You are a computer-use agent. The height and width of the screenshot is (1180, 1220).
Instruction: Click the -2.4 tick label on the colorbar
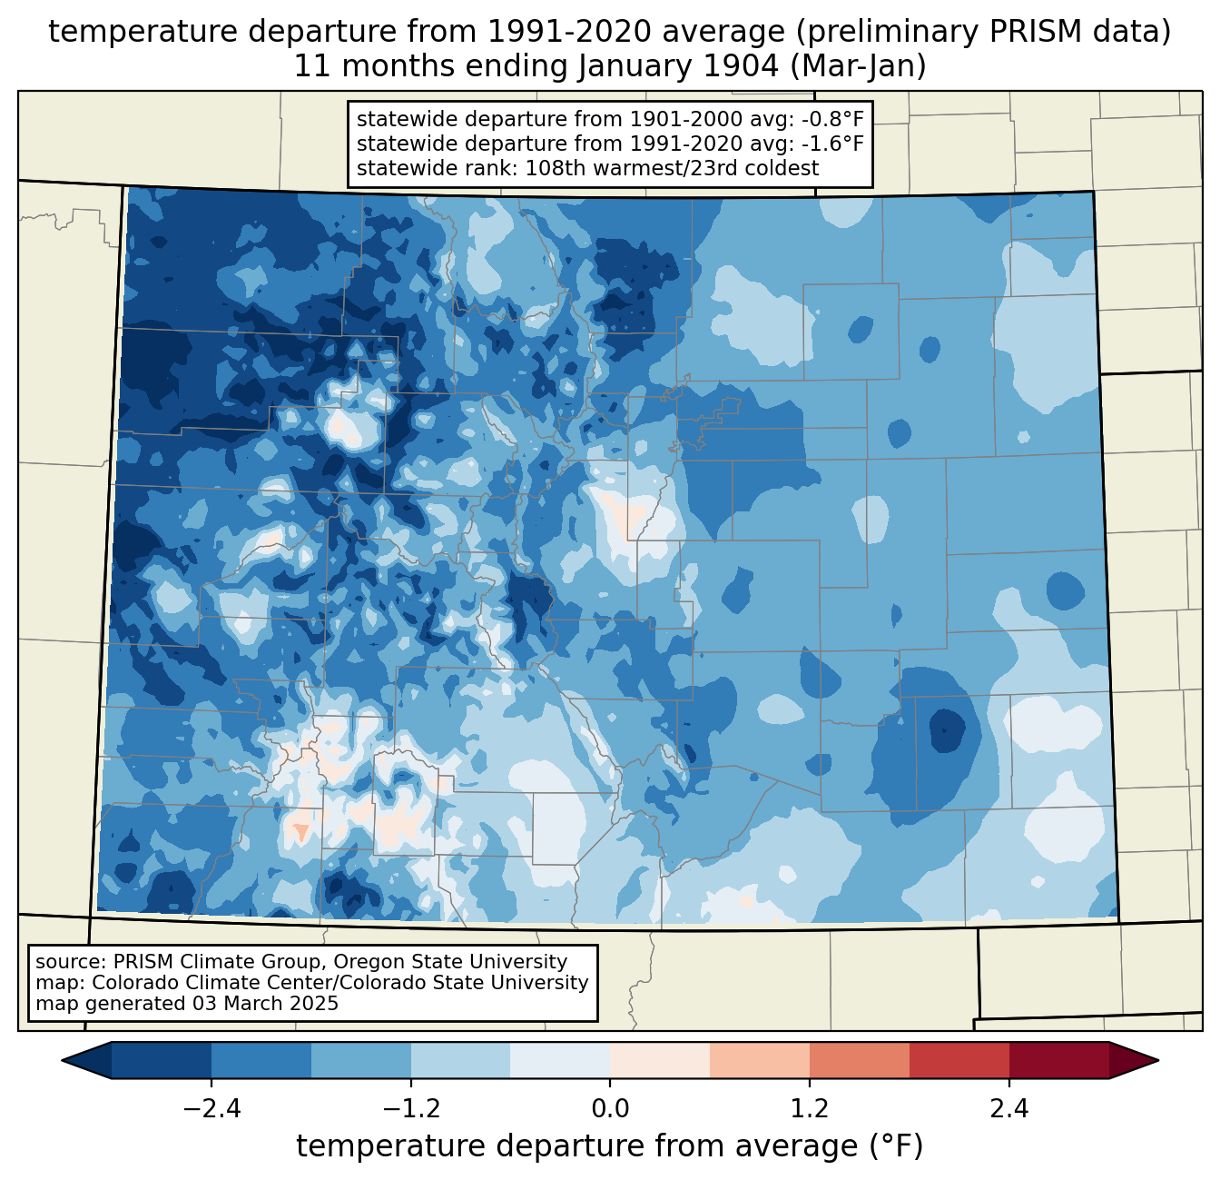pyautogui.click(x=212, y=1109)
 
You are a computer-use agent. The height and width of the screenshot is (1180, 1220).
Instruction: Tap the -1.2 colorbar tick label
pyautogui.click(x=411, y=1109)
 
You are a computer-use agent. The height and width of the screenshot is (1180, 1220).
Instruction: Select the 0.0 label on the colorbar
pyautogui.click(x=610, y=1109)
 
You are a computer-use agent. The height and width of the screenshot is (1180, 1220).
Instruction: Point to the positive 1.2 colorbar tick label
pyautogui.click(x=810, y=1109)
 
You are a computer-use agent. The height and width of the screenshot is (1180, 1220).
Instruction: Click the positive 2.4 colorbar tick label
pyautogui.click(x=1009, y=1109)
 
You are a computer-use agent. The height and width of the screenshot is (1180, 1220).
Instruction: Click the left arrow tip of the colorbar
pyautogui.click(x=62, y=1061)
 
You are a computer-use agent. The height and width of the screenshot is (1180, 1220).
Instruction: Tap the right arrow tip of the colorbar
pyautogui.click(x=1158, y=1061)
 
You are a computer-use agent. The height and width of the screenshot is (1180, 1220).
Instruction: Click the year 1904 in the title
pyautogui.click(x=741, y=66)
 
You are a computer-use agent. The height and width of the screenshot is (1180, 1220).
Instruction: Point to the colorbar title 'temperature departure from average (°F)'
pyautogui.click(x=610, y=1146)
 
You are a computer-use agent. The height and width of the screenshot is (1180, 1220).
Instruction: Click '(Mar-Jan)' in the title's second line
pyautogui.click(x=858, y=66)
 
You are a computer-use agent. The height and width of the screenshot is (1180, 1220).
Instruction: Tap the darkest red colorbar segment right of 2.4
pyautogui.click(x=1059, y=1061)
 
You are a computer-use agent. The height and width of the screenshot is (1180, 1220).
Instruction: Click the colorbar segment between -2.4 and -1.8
pyautogui.click(x=261, y=1061)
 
